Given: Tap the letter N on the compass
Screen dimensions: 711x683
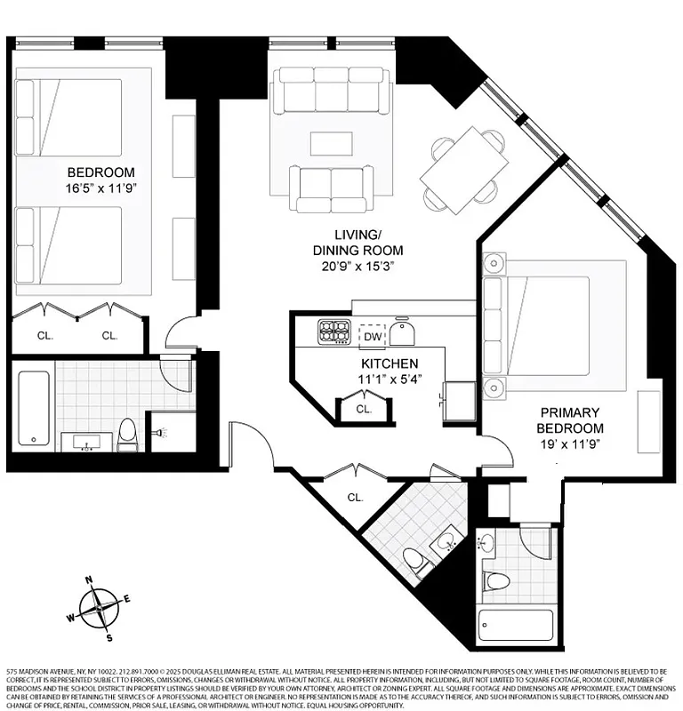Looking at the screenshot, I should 89,580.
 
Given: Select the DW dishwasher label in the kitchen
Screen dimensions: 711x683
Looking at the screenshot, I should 372,337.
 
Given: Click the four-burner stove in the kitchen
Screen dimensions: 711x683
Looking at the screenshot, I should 334,332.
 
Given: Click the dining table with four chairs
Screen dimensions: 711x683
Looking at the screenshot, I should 464,167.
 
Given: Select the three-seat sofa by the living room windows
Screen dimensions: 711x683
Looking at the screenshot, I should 332,91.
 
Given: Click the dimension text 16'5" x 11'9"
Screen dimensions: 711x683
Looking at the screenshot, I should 100,188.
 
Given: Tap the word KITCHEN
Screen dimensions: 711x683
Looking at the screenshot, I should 389,364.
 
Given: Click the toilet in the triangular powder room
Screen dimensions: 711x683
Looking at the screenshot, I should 415,560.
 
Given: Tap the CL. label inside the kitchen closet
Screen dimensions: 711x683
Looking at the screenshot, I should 363,410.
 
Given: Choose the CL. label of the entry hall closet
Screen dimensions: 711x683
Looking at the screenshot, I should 355,498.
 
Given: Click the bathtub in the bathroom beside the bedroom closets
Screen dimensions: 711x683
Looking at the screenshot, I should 35,408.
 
